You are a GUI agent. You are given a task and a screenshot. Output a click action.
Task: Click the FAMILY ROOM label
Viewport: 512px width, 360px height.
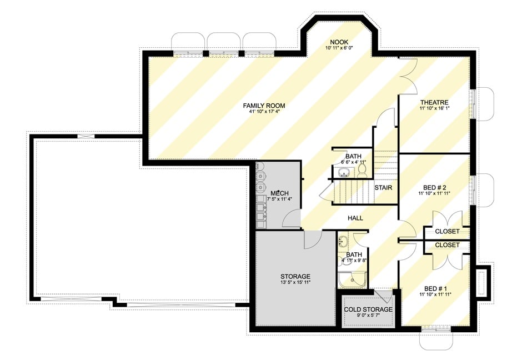(264, 105)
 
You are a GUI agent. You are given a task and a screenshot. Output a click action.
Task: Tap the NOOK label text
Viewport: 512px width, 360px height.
(339, 42)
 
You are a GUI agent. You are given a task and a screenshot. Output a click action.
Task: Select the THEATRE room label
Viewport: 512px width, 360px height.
(434, 102)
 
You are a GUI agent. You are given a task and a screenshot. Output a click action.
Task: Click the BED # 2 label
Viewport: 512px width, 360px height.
(434, 187)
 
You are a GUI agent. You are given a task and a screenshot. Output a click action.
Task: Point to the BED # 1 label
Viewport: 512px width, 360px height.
(434, 288)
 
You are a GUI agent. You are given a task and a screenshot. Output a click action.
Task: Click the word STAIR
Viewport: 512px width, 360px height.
(383, 188)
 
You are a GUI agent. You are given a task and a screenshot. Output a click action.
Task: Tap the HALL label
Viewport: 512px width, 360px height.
(355, 218)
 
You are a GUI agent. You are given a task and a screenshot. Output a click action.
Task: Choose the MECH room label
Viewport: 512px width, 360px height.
(279, 193)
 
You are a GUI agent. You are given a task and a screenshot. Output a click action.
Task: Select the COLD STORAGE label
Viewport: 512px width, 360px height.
(368, 309)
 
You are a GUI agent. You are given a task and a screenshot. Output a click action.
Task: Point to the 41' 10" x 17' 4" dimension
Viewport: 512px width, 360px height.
(264, 112)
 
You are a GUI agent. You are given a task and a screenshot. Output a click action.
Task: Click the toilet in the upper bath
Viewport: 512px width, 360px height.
(362, 169)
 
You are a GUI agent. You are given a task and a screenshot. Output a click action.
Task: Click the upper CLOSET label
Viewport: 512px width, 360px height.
(447, 231)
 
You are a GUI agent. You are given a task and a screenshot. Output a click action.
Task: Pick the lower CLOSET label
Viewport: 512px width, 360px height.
(447, 245)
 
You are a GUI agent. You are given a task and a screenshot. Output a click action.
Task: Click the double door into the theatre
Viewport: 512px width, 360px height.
(408, 76)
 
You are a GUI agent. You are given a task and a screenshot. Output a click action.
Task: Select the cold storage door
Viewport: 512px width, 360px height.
(384, 295)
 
